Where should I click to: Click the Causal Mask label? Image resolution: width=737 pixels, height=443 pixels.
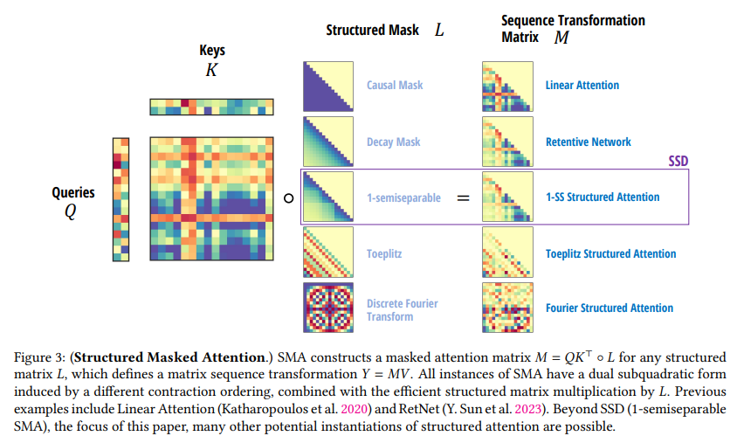[x=395, y=86]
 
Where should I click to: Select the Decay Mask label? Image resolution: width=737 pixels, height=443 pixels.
[x=393, y=142]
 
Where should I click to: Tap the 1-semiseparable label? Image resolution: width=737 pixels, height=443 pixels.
[x=404, y=197]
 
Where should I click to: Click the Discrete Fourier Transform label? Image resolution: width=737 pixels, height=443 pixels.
[x=403, y=309]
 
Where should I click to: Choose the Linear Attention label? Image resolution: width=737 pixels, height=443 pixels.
[x=582, y=86]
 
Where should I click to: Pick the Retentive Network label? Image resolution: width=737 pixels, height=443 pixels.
[x=589, y=142]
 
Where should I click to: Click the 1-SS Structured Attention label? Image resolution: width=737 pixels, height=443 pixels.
[x=603, y=197]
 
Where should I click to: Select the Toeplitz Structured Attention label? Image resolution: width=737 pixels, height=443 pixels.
[x=610, y=253]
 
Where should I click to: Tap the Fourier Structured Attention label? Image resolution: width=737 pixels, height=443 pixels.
[x=610, y=308]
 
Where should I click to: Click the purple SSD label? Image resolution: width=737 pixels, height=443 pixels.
[x=678, y=162]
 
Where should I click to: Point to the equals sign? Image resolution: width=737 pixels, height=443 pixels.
[x=463, y=197]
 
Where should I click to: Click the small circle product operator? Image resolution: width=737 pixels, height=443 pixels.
[x=287, y=198]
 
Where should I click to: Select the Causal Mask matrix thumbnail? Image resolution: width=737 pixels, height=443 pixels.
[x=327, y=86]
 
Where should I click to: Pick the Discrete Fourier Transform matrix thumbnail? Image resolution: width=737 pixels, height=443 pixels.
[x=327, y=308]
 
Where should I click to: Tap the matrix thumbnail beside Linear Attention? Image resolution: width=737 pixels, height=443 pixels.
[x=507, y=86]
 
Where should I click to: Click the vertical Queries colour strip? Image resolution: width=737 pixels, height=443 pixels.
[x=121, y=199]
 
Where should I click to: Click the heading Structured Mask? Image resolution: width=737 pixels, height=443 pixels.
[x=367, y=30]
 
